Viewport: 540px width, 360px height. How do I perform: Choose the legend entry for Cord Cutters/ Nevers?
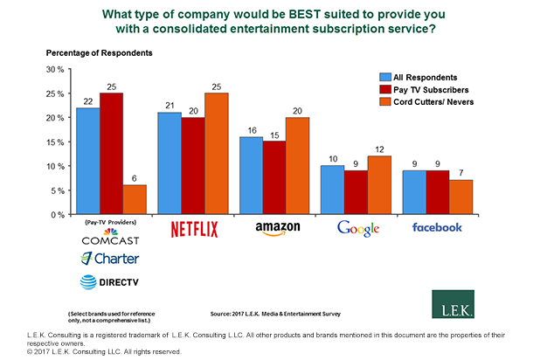[x=433, y=104]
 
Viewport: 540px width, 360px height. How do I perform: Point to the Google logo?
[x=358, y=229]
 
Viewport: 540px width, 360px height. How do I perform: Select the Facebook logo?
[x=436, y=227]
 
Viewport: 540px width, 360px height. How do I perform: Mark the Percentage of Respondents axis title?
[x=99, y=53]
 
